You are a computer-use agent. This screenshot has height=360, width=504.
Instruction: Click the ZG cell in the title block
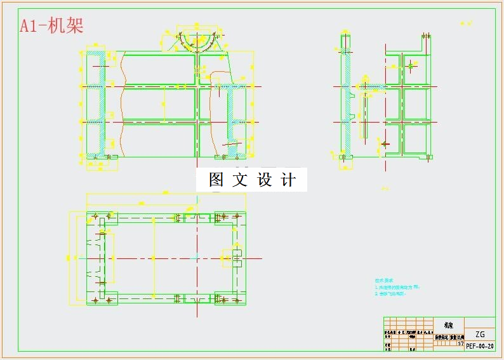(480, 334)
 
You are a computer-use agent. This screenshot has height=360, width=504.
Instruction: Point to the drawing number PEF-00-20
(480, 346)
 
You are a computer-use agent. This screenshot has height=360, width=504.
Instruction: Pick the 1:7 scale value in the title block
(460, 343)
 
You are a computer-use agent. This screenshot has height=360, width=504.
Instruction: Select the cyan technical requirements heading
(385, 280)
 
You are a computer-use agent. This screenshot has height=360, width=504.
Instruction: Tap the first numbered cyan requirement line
(397, 287)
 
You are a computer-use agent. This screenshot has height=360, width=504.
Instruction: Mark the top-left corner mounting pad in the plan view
(102, 218)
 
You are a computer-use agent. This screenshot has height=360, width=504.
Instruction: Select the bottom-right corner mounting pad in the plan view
(229, 298)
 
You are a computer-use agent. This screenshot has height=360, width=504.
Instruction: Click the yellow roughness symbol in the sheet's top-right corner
(469, 23)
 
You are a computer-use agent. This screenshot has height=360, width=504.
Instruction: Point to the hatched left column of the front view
(95, 105)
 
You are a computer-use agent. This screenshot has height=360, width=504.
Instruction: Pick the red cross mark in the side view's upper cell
(411, 65)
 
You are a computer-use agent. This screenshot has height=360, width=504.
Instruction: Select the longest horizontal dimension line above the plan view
(166, 194)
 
